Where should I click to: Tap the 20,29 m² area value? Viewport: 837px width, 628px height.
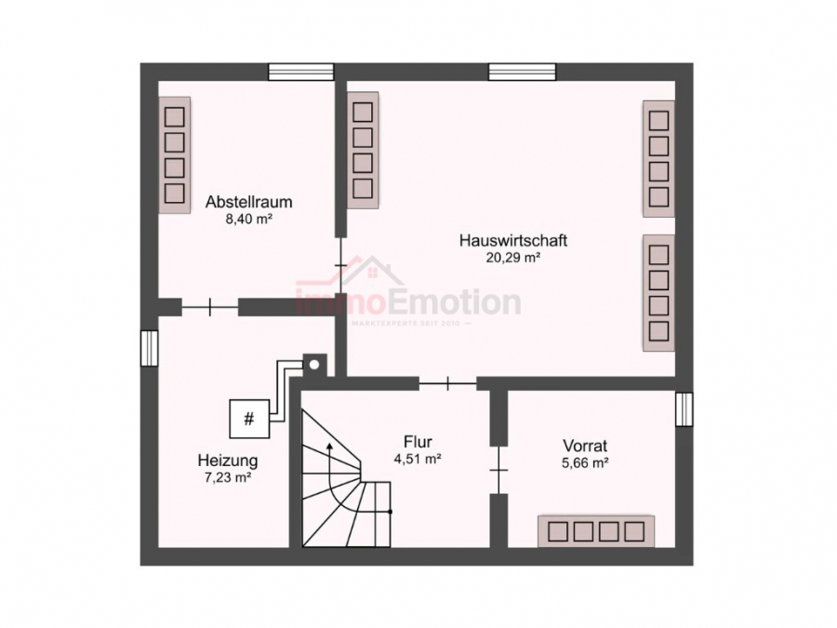click(513, 259)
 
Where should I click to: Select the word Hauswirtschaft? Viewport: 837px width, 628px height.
click(513, 240)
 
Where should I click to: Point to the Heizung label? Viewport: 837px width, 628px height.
click(227, 460)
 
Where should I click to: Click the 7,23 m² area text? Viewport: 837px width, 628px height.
click(227, 477)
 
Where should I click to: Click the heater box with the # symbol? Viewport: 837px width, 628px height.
click(248, 419)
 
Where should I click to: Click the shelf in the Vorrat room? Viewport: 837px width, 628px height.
click(595, 531)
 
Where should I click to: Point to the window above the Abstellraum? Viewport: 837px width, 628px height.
click(300, 71)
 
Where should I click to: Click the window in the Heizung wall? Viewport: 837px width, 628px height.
click(149, 348)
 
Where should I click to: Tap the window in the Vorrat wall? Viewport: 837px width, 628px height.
click(684, 408)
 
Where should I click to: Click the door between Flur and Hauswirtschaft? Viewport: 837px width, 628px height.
click(447, 382)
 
